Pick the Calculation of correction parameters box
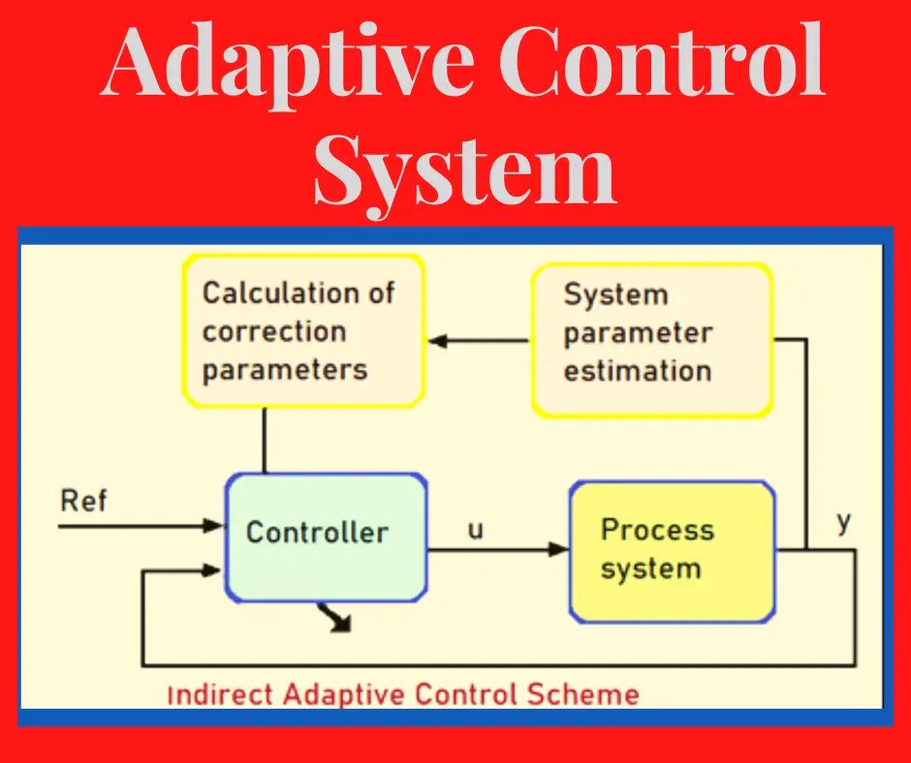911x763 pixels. [303, 330]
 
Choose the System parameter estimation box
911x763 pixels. [651, 334]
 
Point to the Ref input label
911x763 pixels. [84, 502]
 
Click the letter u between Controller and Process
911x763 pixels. [476, 531]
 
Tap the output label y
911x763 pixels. [843, 523]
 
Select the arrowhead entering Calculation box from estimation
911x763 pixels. [436, 341]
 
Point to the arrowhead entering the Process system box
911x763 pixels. [559, 550]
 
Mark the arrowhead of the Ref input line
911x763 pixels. [214, 526]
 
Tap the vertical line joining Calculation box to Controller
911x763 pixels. [264, 440]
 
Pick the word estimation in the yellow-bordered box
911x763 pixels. [638, 371]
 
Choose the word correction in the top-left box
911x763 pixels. [274, 331]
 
